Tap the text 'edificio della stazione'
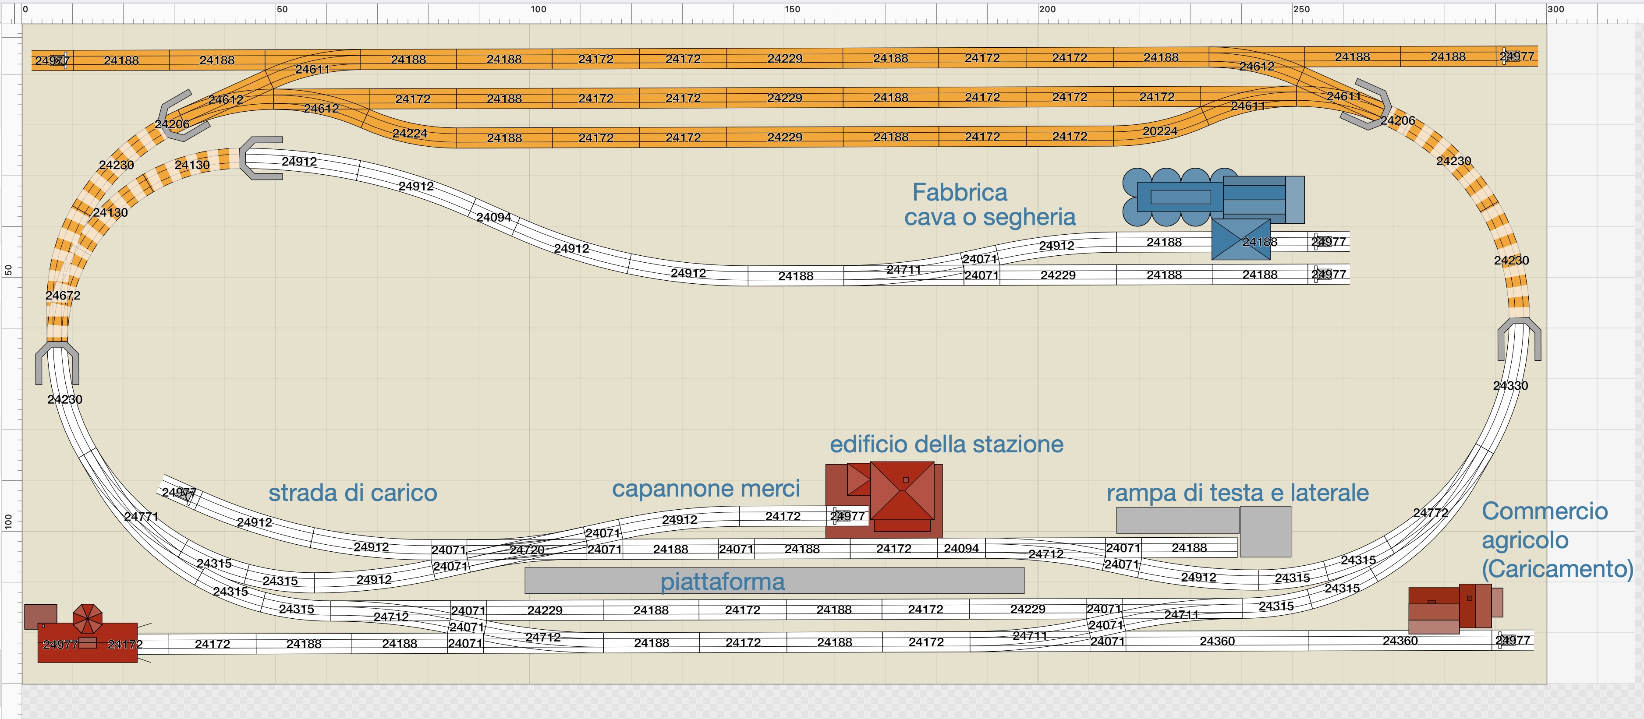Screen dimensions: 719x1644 coord(946,444)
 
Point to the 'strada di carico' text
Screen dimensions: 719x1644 coord(352,493)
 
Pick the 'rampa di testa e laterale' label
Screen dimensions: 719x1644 coord(1237,493)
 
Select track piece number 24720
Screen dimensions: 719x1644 coord(527,549)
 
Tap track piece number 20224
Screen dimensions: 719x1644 coord(1159,131)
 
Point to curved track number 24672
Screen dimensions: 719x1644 coord(63,296)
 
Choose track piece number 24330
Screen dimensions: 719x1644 coord(1510,385)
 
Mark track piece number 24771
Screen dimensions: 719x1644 coord(141,516)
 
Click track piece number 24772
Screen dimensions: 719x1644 coord(1430,512)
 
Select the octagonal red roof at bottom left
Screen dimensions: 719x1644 coord(88,618)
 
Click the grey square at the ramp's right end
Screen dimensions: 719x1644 coord(1265,532)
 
